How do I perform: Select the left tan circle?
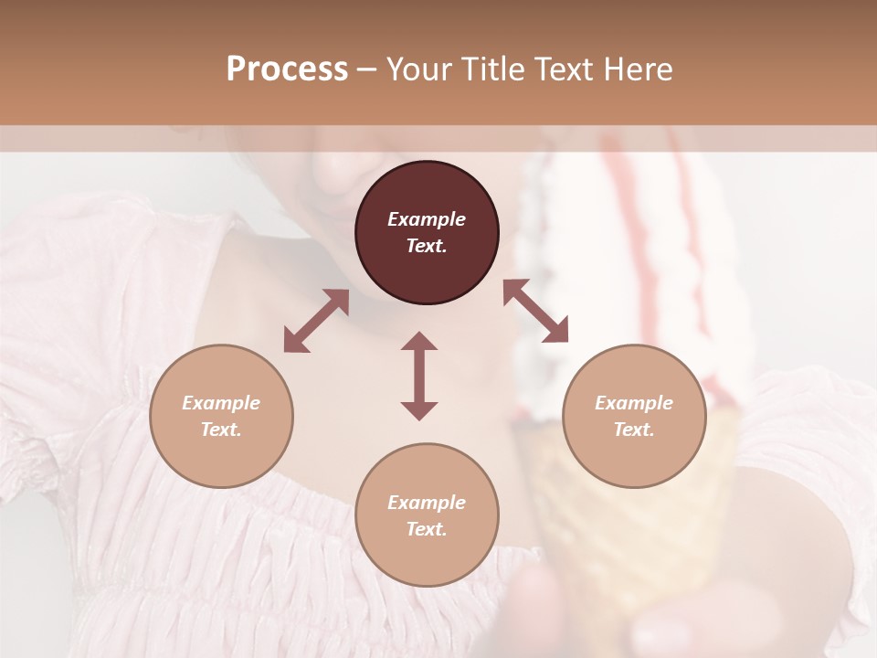(221, 416)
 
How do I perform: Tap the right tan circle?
(634, 416)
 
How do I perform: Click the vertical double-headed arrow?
(419, 376)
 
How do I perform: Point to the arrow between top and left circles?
(316, 321)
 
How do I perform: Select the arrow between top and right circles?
(535, 311)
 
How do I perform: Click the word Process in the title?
(287, 69)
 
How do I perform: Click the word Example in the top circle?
(427, 219)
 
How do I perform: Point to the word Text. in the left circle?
(221, 430)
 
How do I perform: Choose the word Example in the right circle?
(634, 403)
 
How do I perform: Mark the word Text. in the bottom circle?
(427, 529)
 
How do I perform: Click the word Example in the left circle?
(221, 403)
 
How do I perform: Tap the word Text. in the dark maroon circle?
(427, 246)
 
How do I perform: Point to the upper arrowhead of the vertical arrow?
(419, 342)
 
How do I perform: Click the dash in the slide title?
(367, 69)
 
